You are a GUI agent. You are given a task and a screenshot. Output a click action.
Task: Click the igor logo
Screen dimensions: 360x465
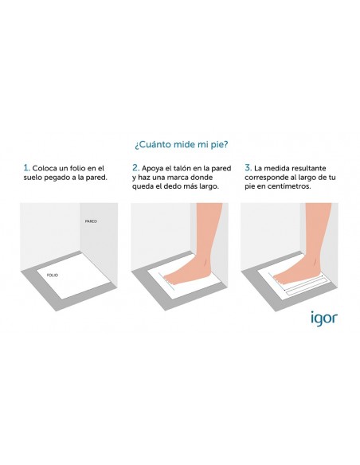[324, 318]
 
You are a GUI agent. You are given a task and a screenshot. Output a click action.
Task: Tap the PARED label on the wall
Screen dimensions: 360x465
[91, 221]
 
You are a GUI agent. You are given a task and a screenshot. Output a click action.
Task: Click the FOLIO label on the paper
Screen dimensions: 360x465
[53, 275]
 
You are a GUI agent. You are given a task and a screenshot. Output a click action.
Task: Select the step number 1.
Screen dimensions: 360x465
[27, 168]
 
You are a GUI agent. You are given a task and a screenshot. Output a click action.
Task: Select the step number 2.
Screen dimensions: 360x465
[136, 168]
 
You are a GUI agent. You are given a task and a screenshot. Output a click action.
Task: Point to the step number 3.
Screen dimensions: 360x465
[248, 168]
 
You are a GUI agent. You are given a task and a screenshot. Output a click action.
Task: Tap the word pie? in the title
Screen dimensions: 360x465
[219, 145]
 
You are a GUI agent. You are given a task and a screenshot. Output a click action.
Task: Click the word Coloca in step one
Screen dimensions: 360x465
[45, 169]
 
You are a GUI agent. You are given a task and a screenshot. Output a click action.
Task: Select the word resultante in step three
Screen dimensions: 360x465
[308, 169]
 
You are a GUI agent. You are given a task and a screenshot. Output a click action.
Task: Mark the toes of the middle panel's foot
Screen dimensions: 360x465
[168, 279]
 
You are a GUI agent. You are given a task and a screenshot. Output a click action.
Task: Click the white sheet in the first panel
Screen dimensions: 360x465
[71, 275]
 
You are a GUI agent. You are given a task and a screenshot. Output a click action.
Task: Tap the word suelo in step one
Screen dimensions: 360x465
[33, 178]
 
